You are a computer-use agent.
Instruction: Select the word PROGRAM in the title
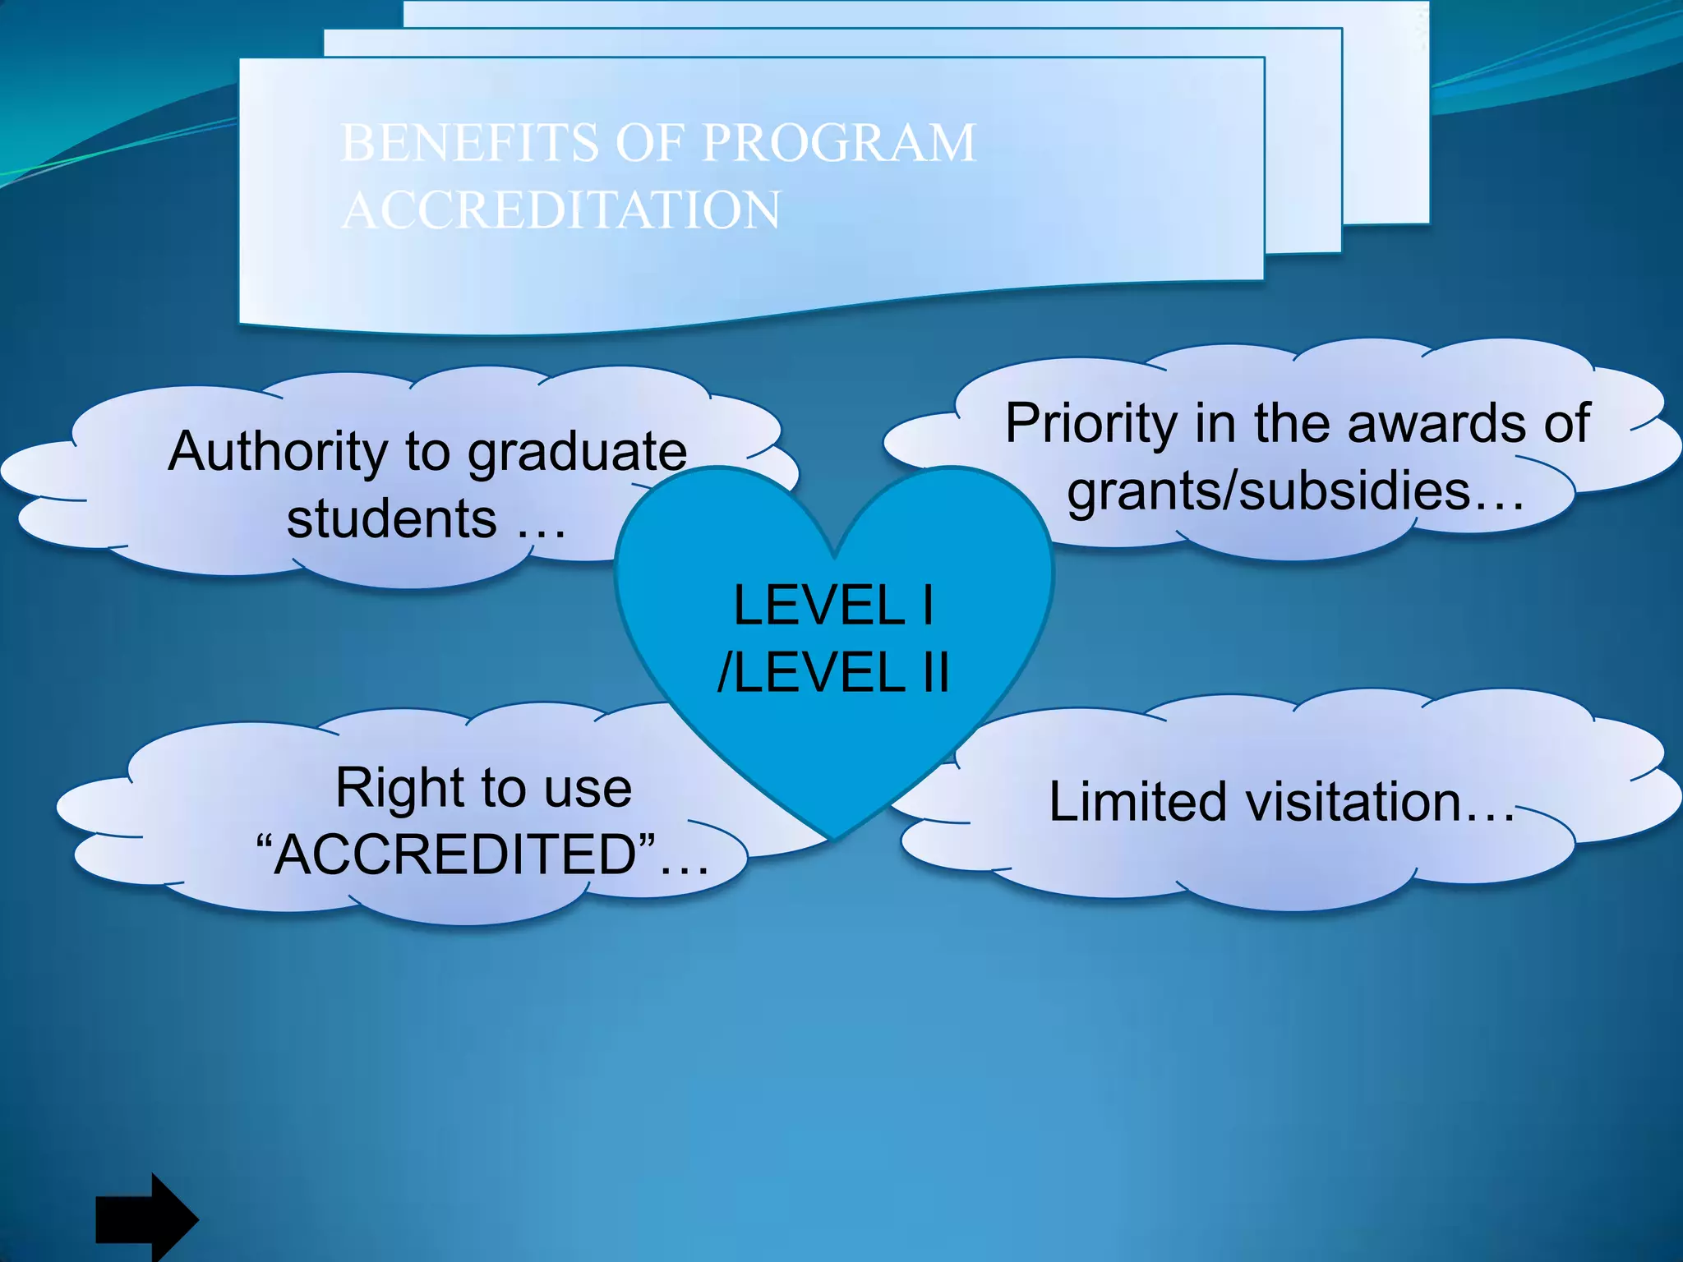[838, 143]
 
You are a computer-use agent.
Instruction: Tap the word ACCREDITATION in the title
[560, 210]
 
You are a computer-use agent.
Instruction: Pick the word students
[391, 519]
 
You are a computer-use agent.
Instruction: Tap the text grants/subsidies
[1268, 491]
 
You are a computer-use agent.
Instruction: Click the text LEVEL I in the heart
[833, 606]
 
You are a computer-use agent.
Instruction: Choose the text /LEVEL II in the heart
[833, 672]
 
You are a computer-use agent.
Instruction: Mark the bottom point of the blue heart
[833, 839]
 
